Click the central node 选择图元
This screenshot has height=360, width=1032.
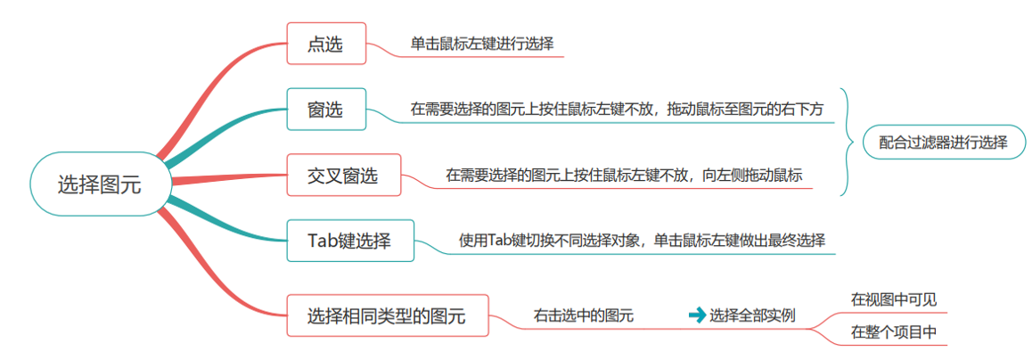(x=99, y=184)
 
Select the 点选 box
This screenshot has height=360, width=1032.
(x=325, y=44)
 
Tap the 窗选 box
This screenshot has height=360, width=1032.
(x=325, y=110)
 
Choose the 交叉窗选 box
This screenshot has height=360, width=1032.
(x=343, y=176)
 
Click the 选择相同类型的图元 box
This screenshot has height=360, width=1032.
(x=387, y=315)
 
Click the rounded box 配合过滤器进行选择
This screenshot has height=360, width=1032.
(x=943, y=142)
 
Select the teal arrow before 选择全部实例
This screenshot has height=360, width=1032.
(x=696, y=315)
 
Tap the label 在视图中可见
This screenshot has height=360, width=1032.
(x=893, y=299)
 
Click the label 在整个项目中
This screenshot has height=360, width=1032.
(x=893, y=332)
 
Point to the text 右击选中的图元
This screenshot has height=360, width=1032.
(x=583, y=315)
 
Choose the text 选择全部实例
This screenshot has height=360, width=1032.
(x=752, y=315)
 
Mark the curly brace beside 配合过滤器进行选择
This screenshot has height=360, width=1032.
(x=846, y=142)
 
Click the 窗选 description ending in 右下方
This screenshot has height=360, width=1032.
(x=617, y=110)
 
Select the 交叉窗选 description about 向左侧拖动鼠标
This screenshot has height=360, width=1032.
(x=624, y=176)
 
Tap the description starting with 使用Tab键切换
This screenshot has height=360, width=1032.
(x=642, y=241)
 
